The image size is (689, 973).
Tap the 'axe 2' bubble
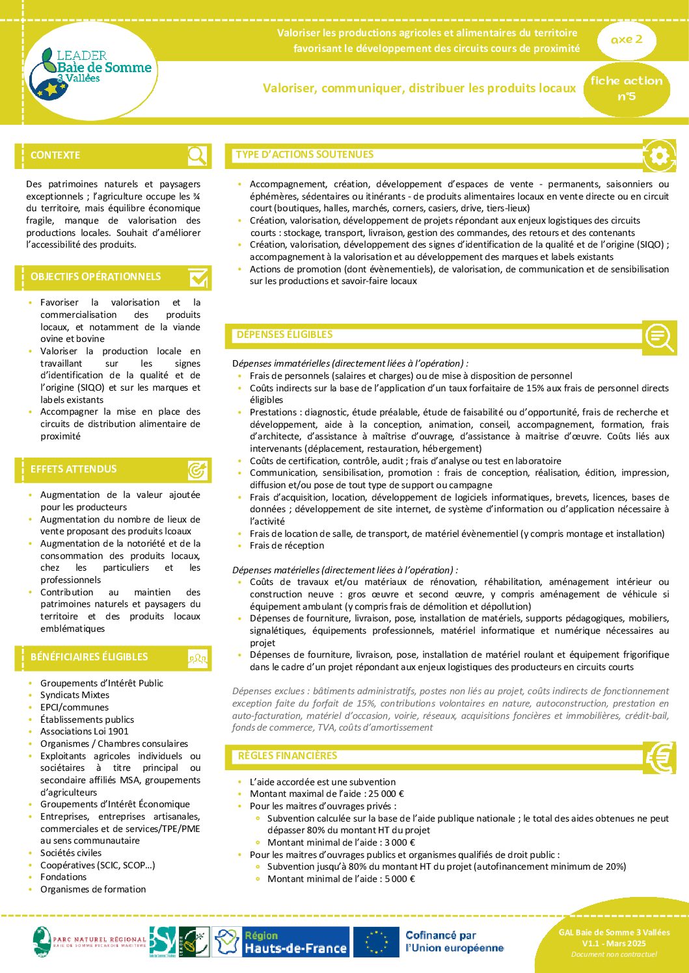627,40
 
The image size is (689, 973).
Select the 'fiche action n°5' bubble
626,88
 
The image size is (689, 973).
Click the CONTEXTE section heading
55,155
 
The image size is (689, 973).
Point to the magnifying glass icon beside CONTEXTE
197,155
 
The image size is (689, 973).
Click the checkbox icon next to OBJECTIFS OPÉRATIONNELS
198,278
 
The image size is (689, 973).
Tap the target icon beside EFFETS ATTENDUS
198,469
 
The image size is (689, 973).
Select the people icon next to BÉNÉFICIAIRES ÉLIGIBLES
198,658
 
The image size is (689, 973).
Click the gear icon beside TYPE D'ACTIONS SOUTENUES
658,156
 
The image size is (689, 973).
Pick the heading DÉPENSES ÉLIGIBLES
284,335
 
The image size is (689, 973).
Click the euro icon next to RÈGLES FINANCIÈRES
660,757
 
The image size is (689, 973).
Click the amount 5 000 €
399,879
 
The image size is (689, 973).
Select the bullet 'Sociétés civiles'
71,853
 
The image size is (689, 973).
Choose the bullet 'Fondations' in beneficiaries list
63,877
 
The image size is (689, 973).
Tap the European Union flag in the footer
376,942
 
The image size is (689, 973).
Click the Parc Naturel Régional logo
90,942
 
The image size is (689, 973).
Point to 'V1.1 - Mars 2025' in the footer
614,943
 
